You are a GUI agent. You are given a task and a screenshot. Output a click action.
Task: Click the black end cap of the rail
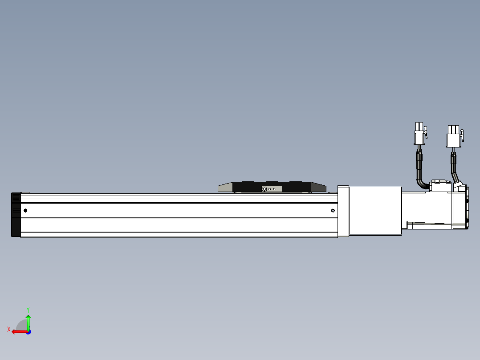(16, 215)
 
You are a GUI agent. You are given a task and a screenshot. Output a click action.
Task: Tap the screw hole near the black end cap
(25, 210)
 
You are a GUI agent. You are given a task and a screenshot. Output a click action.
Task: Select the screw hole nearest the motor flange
(333, 210)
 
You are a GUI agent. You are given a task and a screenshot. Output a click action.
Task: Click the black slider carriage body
(249, 186)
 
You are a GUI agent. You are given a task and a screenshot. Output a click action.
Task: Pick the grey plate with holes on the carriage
(269, 189)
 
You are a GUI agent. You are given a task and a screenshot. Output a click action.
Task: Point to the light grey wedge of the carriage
(225, 188)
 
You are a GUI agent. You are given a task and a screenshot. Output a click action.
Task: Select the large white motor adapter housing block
(375, 210)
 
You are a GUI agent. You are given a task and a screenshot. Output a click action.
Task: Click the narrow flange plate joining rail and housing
(343, 211)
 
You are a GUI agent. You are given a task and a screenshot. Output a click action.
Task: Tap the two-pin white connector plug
(419, 134)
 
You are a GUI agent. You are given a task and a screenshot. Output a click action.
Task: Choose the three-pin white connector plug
(453, 136)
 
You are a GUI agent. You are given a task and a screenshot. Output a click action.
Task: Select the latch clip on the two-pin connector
(425, 133)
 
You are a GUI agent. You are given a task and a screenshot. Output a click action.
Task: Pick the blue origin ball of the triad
(28, 332)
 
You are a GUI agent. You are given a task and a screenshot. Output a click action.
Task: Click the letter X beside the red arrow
(8, 329)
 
